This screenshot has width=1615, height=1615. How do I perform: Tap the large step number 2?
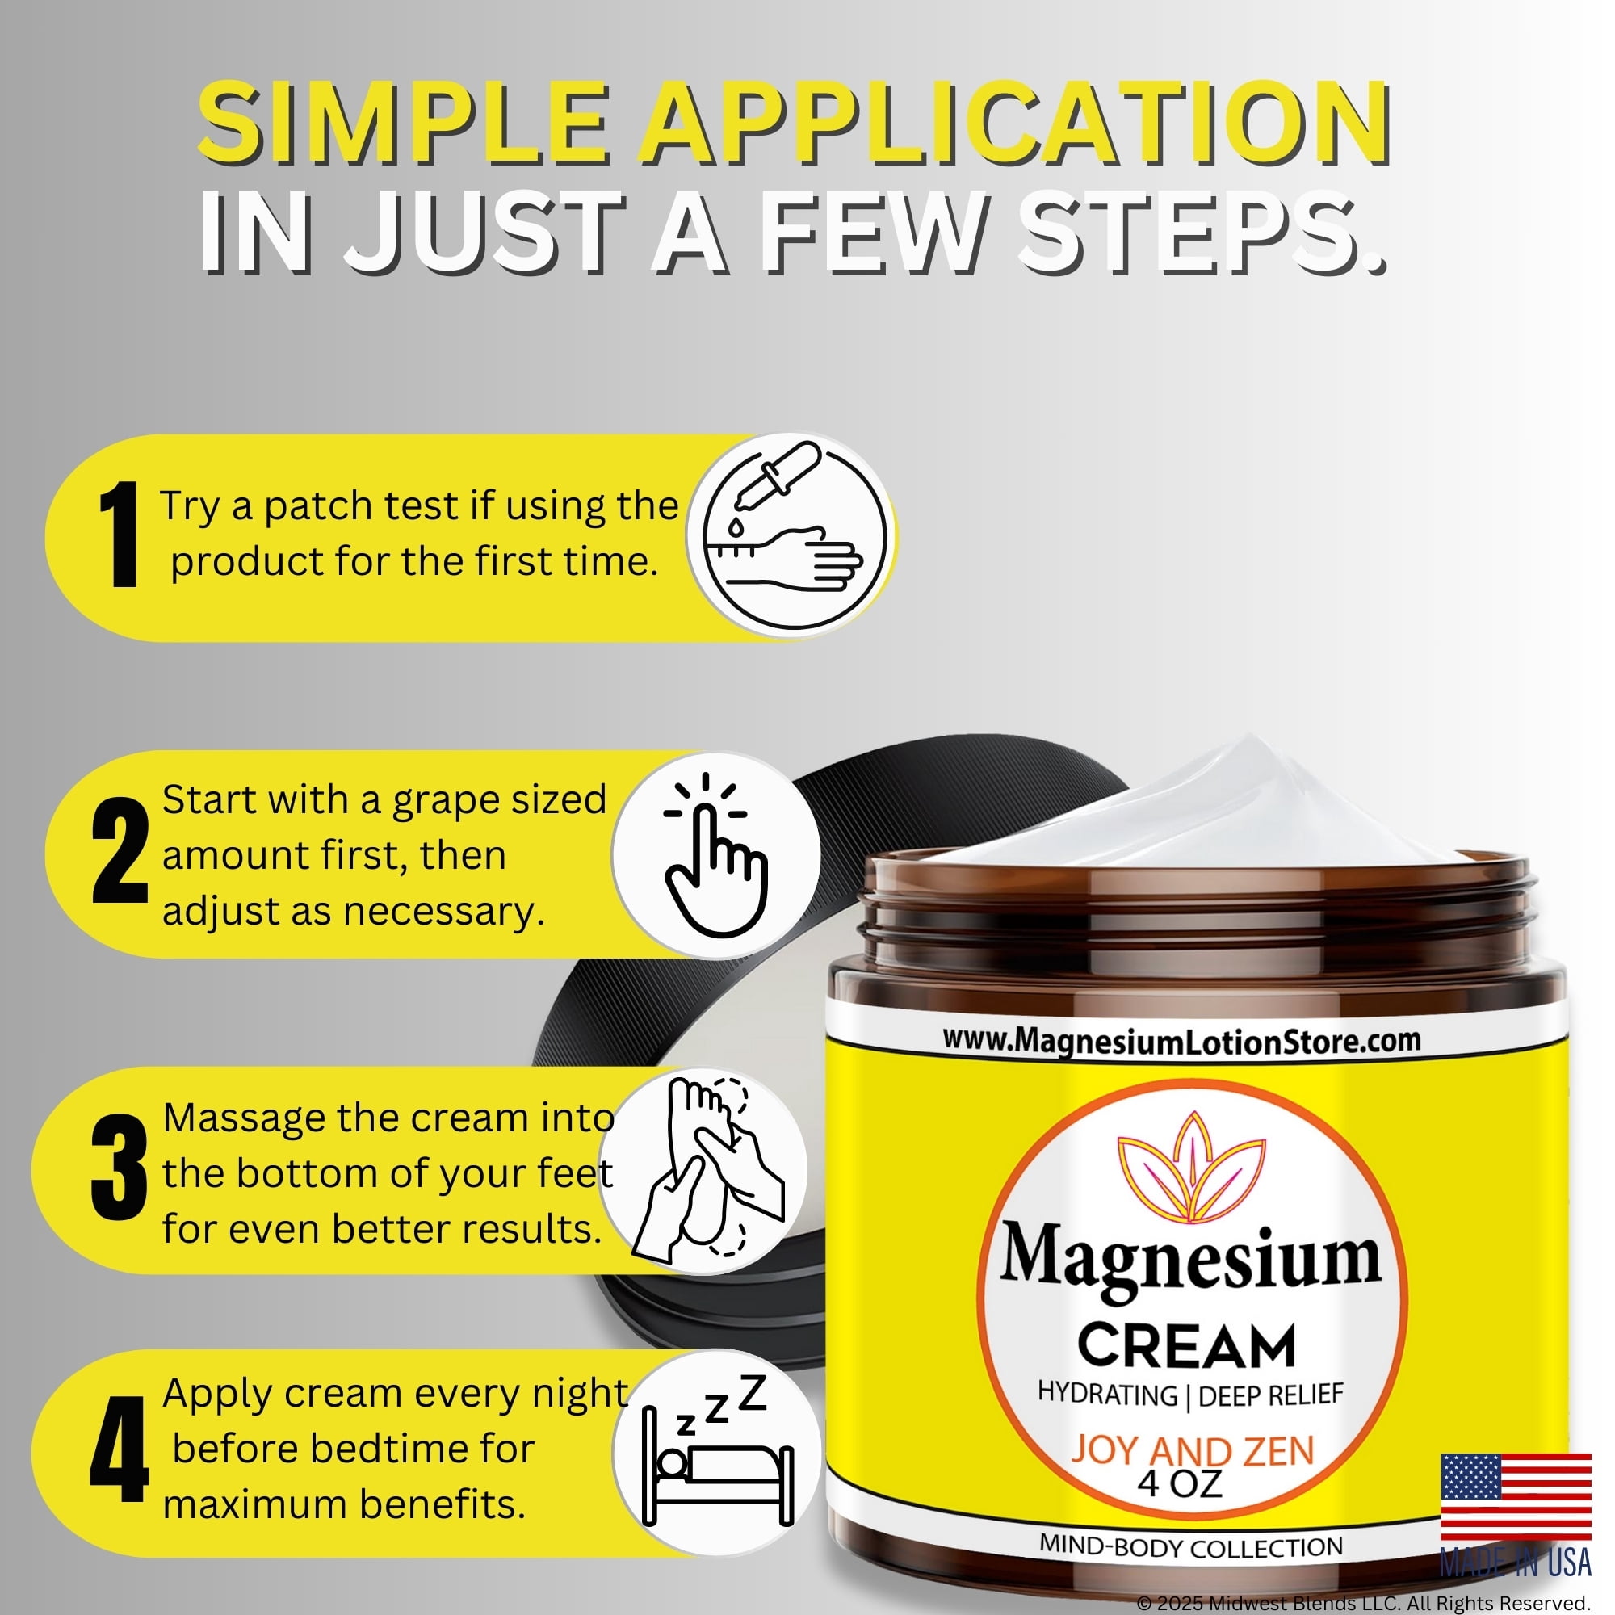point(120,850)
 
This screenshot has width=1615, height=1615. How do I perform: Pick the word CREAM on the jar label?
point(1187,1346)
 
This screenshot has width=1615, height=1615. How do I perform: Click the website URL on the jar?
point(1182,1042)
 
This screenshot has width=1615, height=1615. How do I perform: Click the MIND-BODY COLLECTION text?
point(1191,1546)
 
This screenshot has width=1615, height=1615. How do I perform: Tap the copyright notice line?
point(1363,1602)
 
